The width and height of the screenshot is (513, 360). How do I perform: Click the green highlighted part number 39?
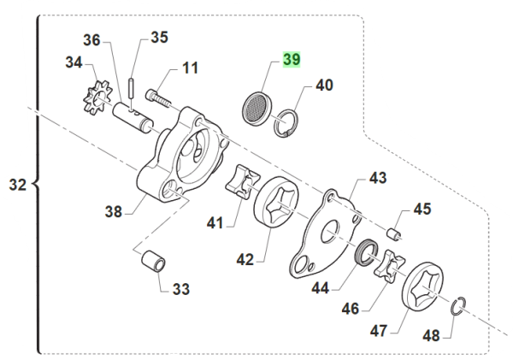point(292,60)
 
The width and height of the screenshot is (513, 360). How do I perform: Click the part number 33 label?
point(180,289)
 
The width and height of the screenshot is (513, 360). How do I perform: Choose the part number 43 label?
point(378,178)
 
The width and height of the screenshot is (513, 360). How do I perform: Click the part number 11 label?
point(189,68)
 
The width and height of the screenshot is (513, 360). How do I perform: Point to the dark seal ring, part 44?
point(366,252)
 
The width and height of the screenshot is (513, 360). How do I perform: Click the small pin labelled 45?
point(395,230)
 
